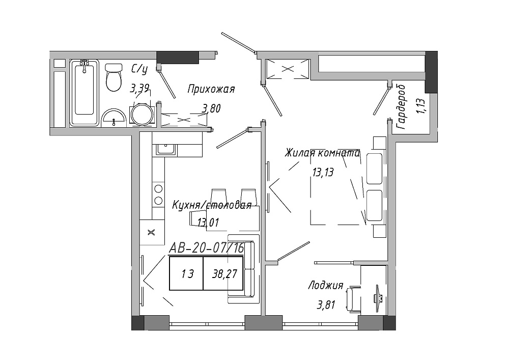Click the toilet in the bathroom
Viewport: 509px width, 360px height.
[x=114, y=77]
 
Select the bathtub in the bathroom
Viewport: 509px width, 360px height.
[x=84, y=92]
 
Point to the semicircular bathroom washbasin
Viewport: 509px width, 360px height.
[x=114, y=118]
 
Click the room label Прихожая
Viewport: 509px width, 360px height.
[x=211, y=89]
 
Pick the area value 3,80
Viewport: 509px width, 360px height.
[x=211, y=108]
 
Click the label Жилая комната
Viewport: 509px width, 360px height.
[x=322, y=153]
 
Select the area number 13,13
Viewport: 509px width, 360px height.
[x=323, y=172]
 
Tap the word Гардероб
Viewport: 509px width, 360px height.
[x=401, y=107]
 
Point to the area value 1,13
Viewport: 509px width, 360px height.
[x=421, y=106]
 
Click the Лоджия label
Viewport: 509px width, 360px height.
[x=326, y=285]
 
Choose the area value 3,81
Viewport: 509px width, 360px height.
[x=326, y=305]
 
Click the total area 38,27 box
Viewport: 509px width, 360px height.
[x=223, y=273]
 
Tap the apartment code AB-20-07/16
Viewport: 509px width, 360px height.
[x=207, y=248]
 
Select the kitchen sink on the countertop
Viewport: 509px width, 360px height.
[x=165, y=149]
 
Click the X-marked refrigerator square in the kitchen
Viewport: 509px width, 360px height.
[x=152, y=232]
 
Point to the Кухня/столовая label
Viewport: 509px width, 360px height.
[x=212, y=205]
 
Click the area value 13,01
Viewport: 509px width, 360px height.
[x=208, y=223]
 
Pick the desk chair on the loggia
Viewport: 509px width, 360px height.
[x=353, y=299]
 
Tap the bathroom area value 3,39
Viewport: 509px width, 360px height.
[x=139, y=88]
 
